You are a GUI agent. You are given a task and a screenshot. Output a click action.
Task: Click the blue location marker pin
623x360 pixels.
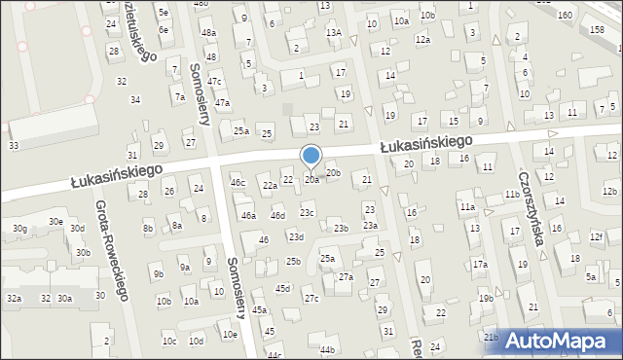click(x=311, y=157)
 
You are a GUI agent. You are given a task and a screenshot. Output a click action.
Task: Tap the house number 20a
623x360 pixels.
click(x=311, y=179)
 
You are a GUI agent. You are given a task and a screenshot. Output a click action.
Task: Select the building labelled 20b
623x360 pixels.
click(x=334, y=173)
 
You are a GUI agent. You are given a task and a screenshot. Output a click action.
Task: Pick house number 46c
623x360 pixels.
click(x=238, y=182)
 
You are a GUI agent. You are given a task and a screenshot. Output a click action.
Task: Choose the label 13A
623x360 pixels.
click(x=334, y=32)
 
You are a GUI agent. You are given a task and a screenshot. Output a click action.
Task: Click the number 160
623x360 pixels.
click(x=565, y=16)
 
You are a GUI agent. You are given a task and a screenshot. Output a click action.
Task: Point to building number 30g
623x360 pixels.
click(x=19, y=229)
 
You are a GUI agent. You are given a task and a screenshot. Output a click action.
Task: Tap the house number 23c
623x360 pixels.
click(x=307, y=212)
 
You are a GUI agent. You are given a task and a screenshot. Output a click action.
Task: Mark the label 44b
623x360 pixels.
click(x=327, y=349)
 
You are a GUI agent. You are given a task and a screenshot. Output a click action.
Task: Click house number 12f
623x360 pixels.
click(x=597, y=236)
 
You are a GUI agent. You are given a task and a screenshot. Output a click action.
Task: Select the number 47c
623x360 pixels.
click(x=214, y=81)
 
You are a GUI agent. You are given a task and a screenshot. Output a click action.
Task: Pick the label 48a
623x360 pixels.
click(x=208, y=33)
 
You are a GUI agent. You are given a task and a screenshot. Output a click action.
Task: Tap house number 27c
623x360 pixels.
click(x=311, y=299)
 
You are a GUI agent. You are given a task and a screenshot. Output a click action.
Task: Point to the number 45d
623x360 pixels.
click(x=282, y=289)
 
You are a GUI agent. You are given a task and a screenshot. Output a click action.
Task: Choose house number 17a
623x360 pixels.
click(x=480, y=265)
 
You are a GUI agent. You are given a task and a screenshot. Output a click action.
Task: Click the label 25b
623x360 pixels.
click(x=293, y=261)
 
